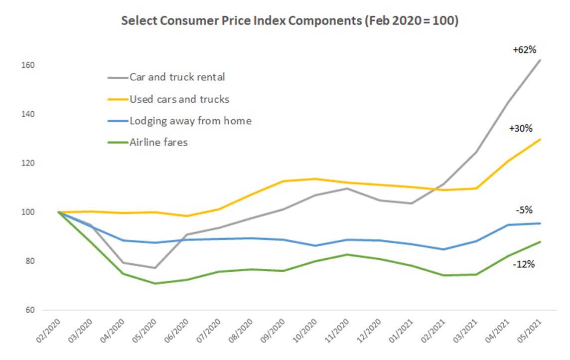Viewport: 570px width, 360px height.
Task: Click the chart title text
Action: (x=289, y=22)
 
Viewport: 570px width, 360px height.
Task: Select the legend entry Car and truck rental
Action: (x=177, y=77)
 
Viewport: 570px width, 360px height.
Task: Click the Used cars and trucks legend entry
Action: (x=179, y=99)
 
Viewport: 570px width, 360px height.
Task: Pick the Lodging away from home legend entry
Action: (x=190, y=121)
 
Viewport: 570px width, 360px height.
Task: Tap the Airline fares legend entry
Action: (x=158, y=143)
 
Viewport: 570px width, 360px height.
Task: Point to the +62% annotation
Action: (x=524, y=50)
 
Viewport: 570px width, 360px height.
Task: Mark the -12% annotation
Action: (x=524, y=264)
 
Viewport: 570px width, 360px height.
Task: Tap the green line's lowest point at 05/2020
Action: (x=155, y=284)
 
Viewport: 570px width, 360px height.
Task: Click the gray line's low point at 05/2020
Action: (x=155, y=268)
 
